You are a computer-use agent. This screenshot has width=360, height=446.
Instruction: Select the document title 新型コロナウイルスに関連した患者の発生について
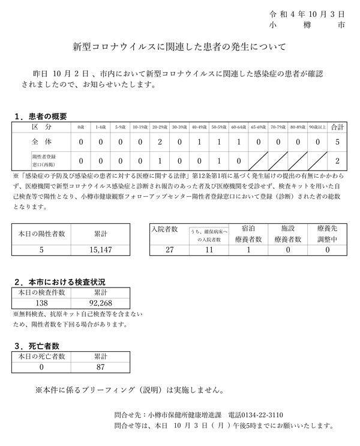pyautogui.click(x=180, y=46)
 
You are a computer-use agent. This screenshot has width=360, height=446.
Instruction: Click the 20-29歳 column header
pyautogui.click(x=160, y=128)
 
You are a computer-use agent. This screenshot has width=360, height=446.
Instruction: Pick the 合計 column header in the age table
pyautogui.click(x=337, y=127)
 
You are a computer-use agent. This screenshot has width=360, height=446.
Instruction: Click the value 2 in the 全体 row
pyautogui.click(x=160, y=143)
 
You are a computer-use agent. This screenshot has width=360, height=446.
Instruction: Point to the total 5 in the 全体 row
pyautogui.click(x=337, y=143)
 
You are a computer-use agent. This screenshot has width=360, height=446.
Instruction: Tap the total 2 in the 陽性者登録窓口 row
pyautogui.click(x=337, y=161)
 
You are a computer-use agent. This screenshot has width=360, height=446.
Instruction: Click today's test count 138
pyautogui.click(x=41, y=303)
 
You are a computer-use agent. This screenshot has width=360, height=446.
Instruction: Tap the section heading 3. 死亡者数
pyautogui.click(x=37, y=345)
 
